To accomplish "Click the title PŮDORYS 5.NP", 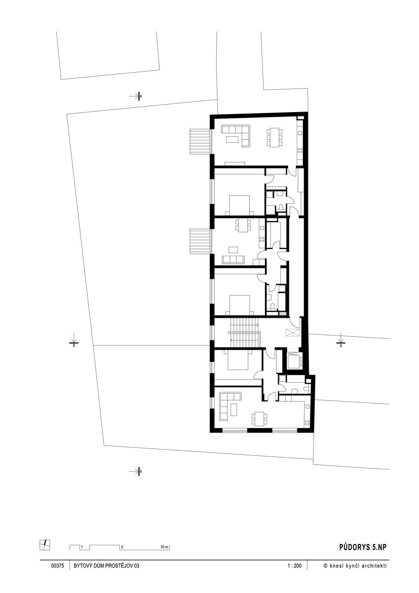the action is (x=363, y=547).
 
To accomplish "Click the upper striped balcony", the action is (x=200, y=141).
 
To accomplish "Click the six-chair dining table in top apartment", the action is (x=275, y=137).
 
